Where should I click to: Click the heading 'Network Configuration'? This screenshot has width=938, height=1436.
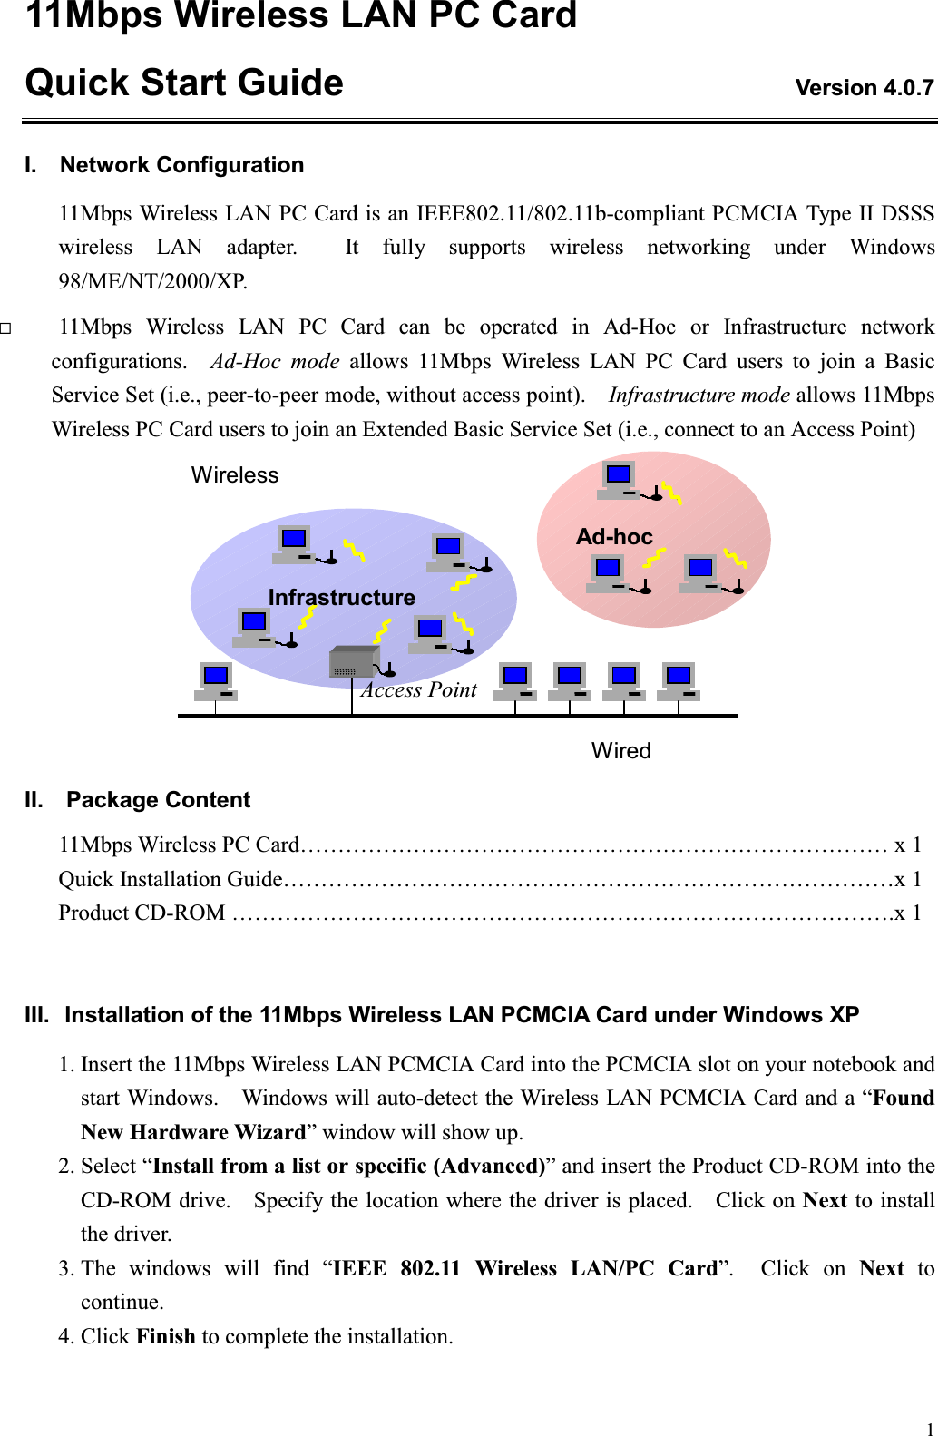[x=181, y=165]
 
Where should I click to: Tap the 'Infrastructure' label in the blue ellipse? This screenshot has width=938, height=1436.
[x=341, y=597]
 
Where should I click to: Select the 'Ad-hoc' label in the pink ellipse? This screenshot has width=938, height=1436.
[x=614, y=537]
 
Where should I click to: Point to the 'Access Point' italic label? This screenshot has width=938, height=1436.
[x=419, y=690]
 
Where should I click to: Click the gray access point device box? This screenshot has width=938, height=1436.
[x=353, y=662]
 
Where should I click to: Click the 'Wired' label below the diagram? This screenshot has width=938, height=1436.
[x=620, y=751]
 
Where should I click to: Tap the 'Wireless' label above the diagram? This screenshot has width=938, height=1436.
[x=235, y=475]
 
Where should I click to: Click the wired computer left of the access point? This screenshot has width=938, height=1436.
[x=216, y=680]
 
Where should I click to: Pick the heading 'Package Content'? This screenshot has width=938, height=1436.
[x=158, y=800]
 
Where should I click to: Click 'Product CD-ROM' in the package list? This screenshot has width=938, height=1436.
[x=142, y=913]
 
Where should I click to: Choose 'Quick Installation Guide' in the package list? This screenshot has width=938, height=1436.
[x=171, y=879]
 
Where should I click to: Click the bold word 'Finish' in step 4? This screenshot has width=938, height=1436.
[x=165, y=1336]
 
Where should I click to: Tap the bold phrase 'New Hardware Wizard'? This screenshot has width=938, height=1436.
[x=193, y=1132]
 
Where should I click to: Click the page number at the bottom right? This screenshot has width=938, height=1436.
[x=929, y=1429]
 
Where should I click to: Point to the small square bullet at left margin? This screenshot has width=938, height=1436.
[x=5, y=328]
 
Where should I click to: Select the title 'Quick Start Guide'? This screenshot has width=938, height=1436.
[x=184, y=83]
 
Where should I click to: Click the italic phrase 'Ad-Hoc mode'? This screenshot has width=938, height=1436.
[x=275, y=361]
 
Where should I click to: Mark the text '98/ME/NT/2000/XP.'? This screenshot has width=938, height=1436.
[x=152, y=281]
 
